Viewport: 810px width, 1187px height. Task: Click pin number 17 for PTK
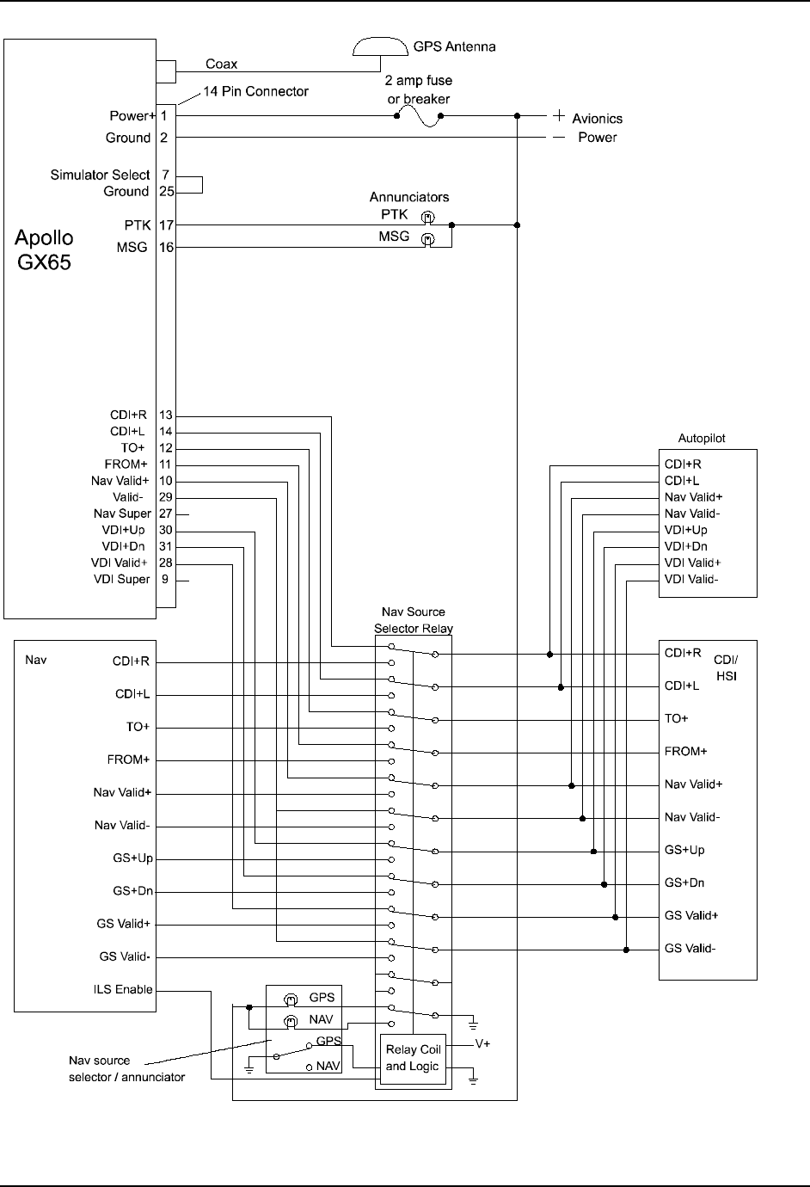[166, 225]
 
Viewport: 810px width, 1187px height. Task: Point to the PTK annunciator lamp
[427, 216]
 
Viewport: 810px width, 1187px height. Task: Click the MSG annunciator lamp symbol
[427, 238]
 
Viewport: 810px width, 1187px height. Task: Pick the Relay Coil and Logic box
[413, 1058]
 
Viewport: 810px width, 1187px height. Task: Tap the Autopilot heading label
[702, 438]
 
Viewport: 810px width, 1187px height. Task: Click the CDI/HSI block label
[726, 667]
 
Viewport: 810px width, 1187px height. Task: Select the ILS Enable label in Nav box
[122, 989]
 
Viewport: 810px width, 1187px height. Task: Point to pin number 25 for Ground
[166, 191]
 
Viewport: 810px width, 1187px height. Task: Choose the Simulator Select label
[100, 175]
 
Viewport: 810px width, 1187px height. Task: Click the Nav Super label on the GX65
[122, 514]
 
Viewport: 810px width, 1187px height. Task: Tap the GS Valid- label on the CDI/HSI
[690, 948]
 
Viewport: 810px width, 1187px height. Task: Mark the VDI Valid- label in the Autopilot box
[691, 579]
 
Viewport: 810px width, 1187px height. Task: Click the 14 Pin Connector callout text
[255, 91]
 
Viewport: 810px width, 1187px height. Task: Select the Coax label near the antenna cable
[221, 64]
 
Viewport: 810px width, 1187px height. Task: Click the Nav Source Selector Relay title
[414, 620]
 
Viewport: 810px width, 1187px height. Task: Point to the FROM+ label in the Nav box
[128, 760]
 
